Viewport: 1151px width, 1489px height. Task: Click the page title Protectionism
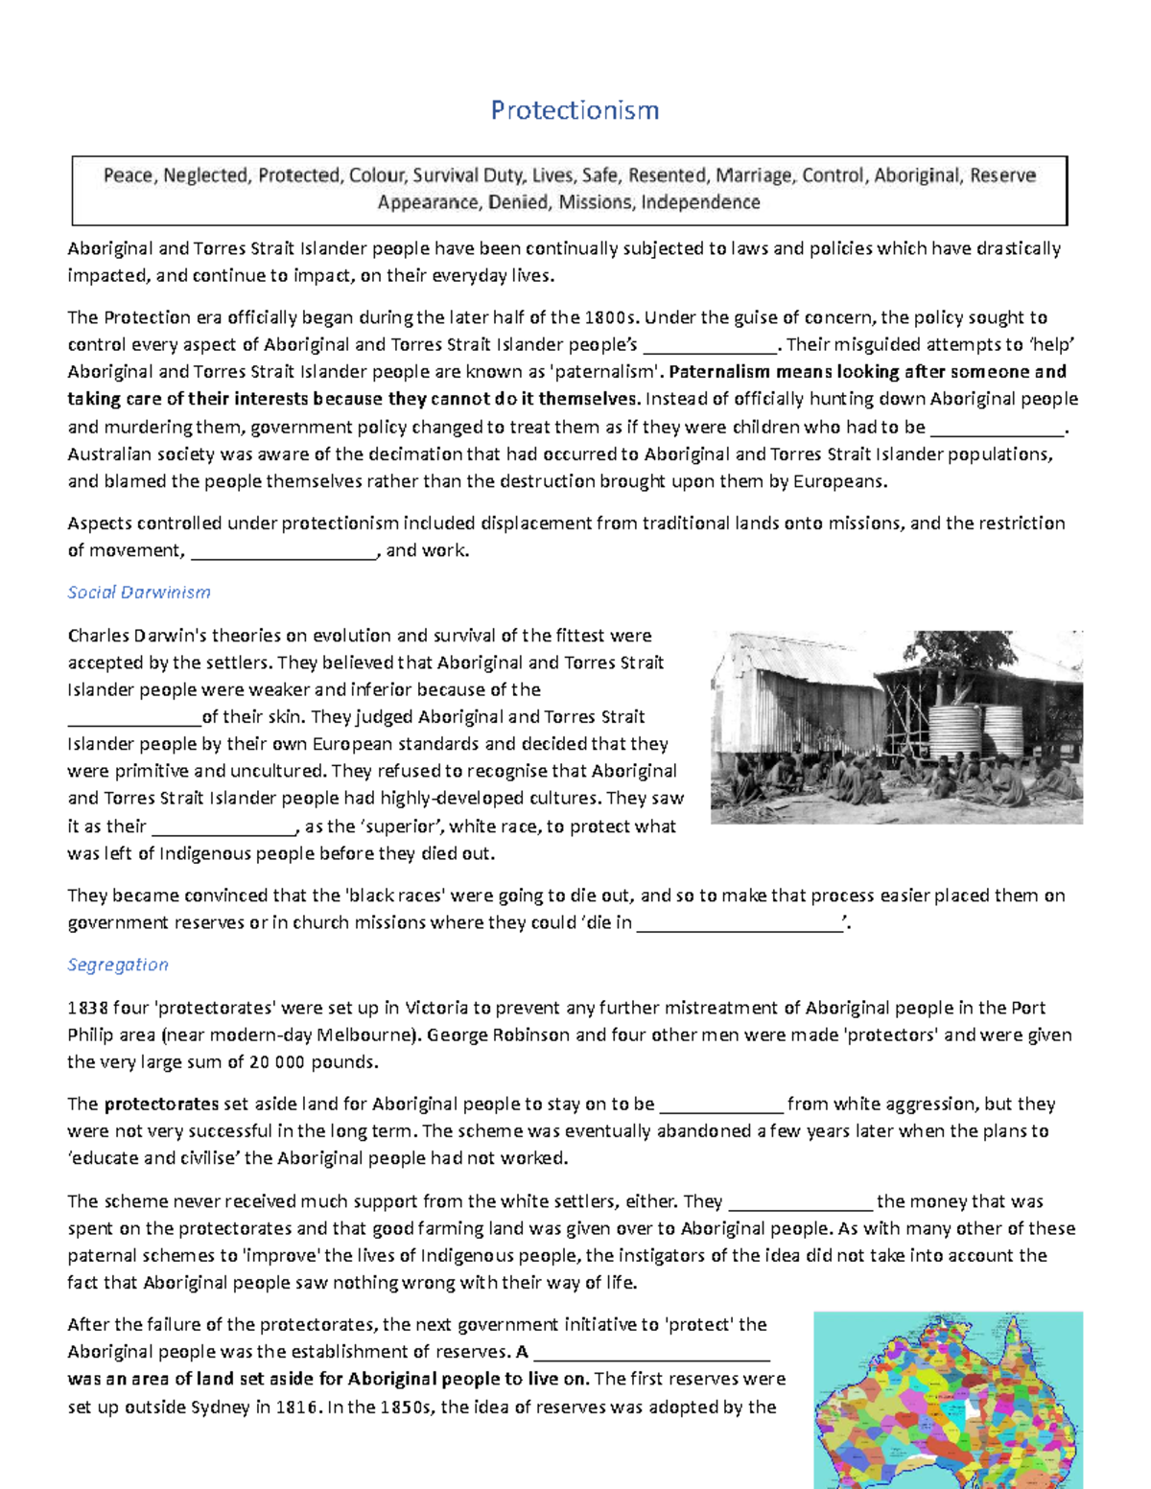pos(575,110)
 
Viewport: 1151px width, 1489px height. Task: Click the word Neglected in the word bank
pos(205,175)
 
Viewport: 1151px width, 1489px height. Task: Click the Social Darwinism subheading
pos(139,593)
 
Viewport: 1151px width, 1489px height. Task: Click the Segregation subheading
pos(118,965)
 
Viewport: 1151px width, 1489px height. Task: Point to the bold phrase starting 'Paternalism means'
pos(868,372)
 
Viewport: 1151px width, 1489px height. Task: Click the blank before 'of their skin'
pos(134,718)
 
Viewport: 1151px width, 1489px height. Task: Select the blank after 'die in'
pos(739,924)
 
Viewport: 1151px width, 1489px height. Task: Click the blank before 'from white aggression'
pos(721,1105)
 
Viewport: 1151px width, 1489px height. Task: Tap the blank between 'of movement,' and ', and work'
pos(284,552)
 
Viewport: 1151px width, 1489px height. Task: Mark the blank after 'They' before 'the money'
pos(801,1202)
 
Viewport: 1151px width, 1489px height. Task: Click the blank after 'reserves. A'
pos(652,1353)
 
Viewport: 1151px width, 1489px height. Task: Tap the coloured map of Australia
pos(948,1400)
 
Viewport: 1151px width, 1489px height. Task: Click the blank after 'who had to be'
pos(997,429)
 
